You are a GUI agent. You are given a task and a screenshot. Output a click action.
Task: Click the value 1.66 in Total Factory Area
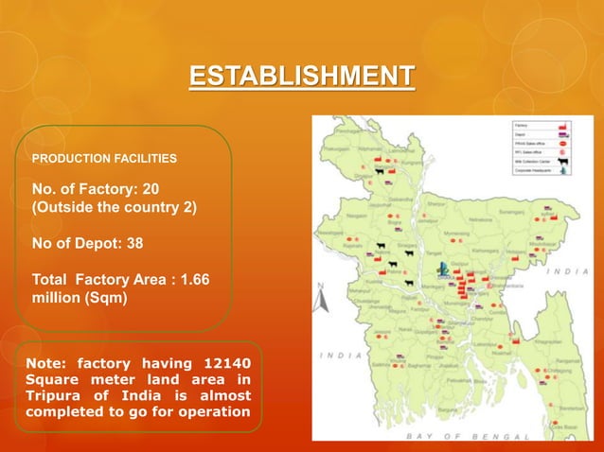pyautogui.click(x=191, y=280)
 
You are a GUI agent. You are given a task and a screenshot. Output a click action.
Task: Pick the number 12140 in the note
pyautogui.click(x=227, y=363)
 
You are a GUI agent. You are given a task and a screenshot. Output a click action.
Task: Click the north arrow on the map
pyautogui.click(x=322, y=299)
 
